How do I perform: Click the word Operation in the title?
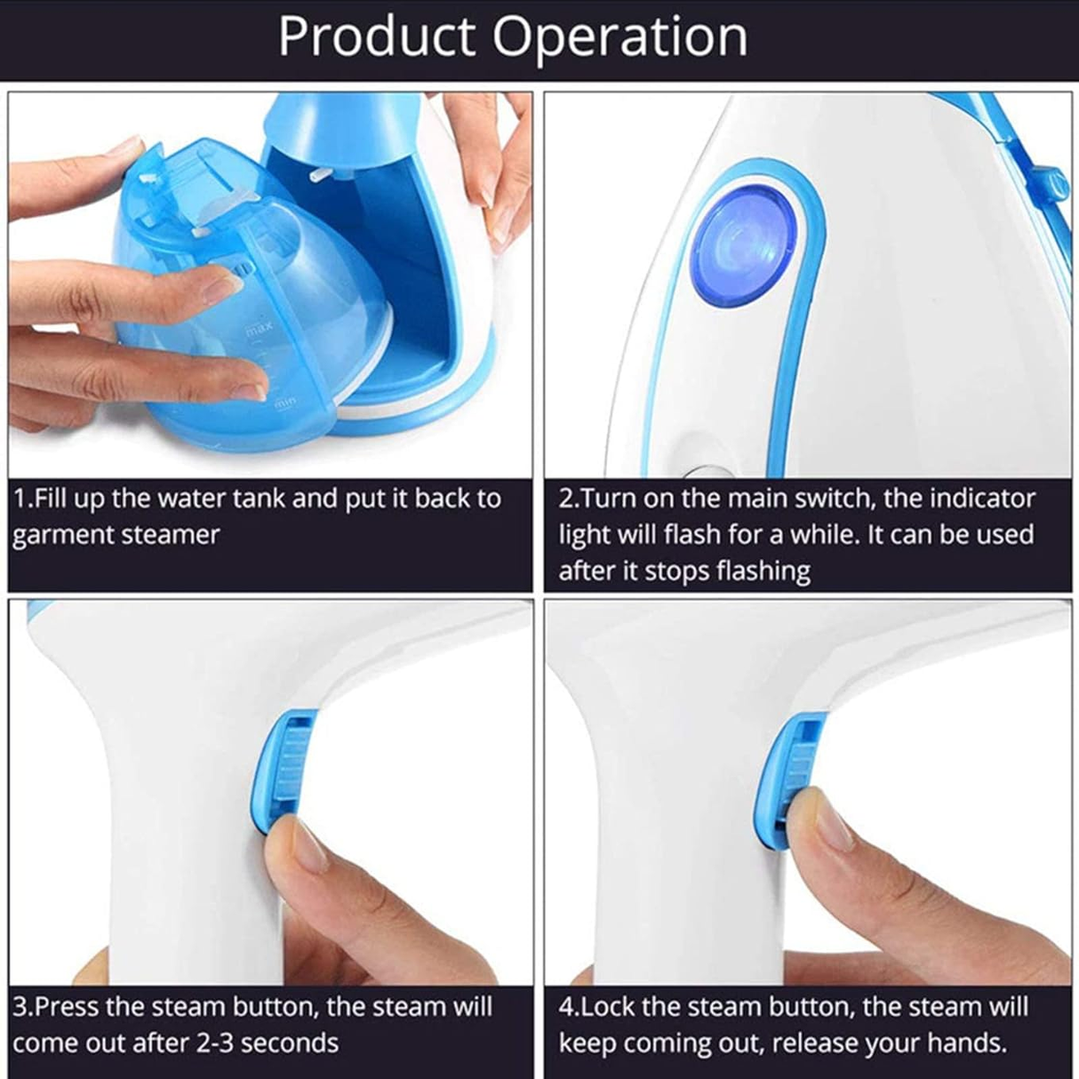(619, 37)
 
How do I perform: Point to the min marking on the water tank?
(284, 404)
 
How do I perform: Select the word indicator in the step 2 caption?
(982, 499)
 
